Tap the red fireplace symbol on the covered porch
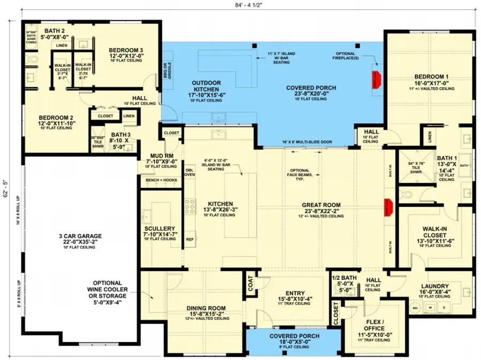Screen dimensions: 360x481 coord(376,79)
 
